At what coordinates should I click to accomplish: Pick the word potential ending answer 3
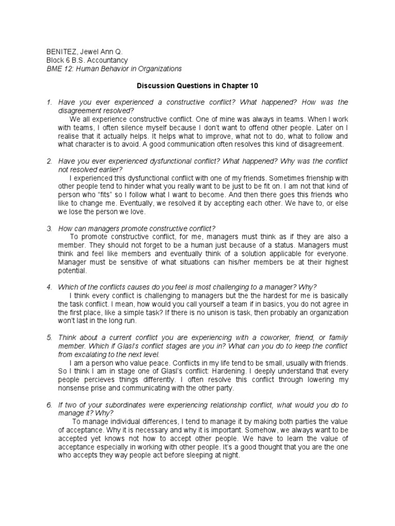tap(71, 271)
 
